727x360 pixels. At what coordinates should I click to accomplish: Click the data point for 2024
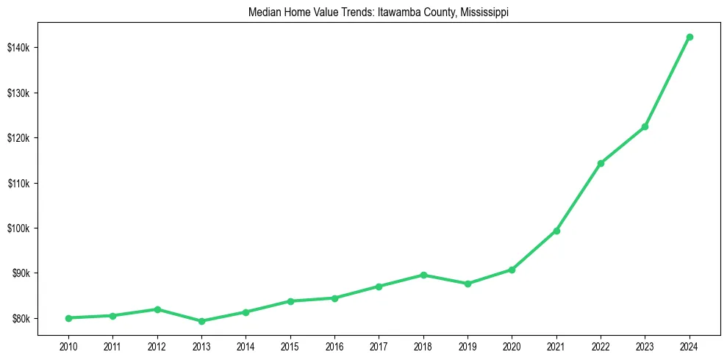click(x=690, y=37)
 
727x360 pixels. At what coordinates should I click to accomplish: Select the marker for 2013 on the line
click(x=201, y=321)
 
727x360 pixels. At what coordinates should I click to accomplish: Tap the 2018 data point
click(x=423, y=275)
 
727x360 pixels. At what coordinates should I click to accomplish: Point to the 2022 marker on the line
click(x=601, y=163)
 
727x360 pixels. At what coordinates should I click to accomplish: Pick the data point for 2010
click(x=68, y=318)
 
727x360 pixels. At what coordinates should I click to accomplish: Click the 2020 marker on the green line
click(x=512, y=270)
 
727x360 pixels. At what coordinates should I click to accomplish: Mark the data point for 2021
click(x=556, y=231)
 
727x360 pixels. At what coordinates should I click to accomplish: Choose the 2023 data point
click(x=645, y=127)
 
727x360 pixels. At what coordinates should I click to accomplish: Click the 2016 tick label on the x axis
click(x=334, y=345)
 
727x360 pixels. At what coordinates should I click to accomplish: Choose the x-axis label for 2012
click(x=157, y=345)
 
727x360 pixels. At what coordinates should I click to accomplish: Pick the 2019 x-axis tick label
click(x=468, y=345)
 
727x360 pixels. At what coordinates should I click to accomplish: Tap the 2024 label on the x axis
click(x=690, y=345)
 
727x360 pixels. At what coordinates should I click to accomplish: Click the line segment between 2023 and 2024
click(x=667, y=82)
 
